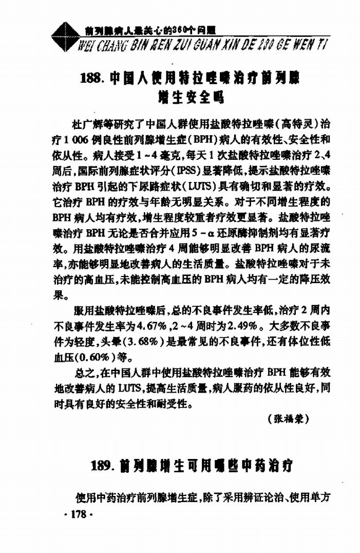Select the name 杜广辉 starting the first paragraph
coord(87,124)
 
